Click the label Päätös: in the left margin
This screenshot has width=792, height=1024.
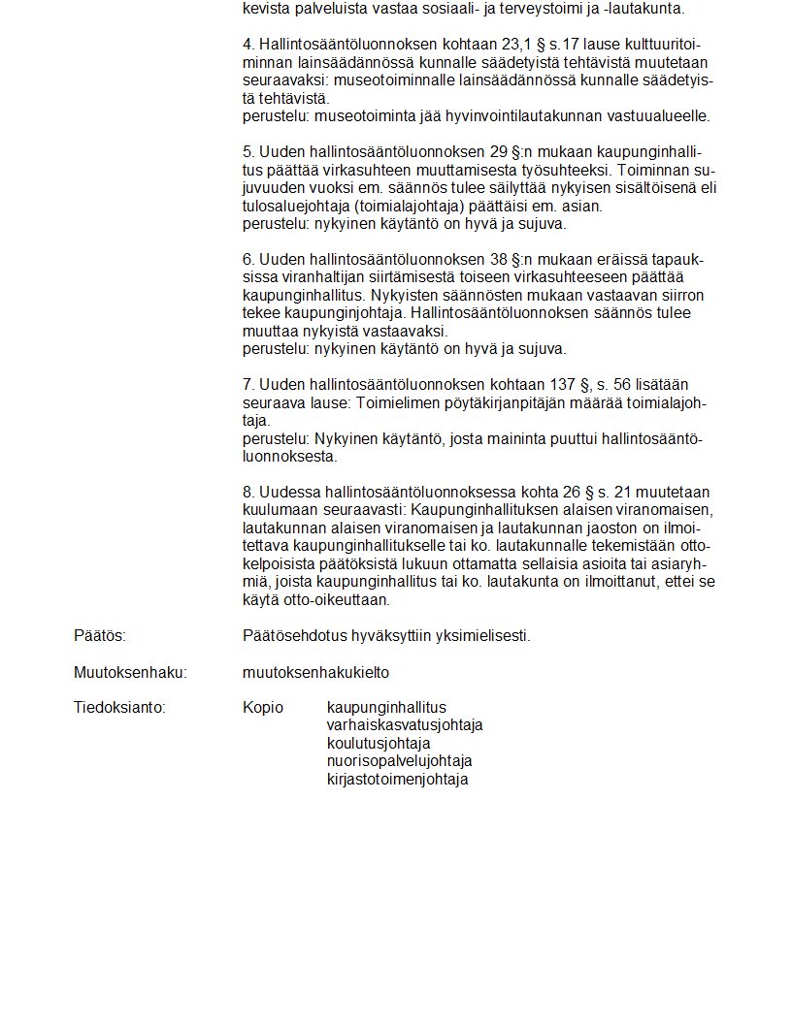(100, 636)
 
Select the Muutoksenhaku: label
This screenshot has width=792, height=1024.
(130, 672)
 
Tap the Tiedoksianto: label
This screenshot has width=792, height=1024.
(119, 707)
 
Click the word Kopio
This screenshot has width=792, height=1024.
(263, 707)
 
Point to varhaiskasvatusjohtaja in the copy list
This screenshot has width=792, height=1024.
(405, 725)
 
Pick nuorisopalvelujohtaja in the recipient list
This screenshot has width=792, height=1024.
(400, 761)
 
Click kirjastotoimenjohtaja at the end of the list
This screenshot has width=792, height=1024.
(398, 779)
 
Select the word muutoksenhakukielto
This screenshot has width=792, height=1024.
(315, 672)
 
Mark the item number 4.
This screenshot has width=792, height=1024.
(247, 45)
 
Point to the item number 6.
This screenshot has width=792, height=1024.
(247, 260)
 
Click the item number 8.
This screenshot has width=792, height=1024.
(247, 492)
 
